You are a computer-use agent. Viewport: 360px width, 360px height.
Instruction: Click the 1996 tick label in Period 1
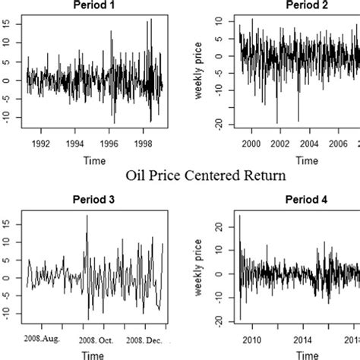tap(110, 141)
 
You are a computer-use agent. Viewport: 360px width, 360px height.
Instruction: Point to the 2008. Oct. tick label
tap(93, 339)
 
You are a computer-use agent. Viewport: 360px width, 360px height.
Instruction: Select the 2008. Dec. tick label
tap(145, 339)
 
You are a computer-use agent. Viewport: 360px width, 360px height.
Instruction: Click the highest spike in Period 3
tap(87, 216)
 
